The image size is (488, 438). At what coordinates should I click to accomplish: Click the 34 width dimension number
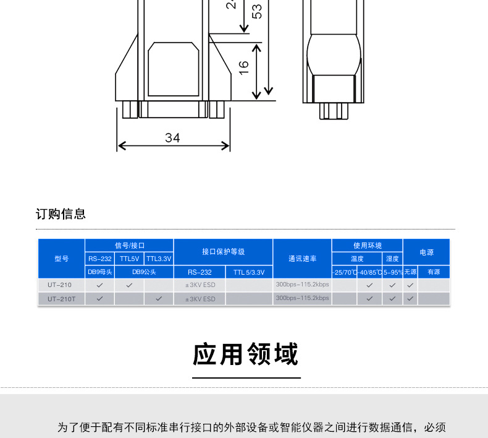172,138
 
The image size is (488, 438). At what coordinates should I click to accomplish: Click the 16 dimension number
244,67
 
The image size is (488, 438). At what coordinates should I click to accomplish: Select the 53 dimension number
258,11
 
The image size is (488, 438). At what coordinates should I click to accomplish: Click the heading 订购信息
61,214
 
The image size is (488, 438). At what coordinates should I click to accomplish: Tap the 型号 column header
61,259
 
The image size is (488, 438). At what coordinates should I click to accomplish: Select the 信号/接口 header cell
129,246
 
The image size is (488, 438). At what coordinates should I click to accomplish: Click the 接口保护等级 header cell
223,252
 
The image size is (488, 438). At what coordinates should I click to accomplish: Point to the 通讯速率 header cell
302,259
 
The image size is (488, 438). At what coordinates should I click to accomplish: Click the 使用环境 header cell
367,246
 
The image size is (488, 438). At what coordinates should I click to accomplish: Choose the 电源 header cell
426,252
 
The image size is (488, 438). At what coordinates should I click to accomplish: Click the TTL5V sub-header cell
129,259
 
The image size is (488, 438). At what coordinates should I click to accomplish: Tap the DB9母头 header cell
99,272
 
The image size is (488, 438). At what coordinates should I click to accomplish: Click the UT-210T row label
61,299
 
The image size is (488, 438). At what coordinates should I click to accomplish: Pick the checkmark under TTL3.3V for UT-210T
159,299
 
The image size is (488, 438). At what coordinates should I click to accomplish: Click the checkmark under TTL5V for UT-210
129,285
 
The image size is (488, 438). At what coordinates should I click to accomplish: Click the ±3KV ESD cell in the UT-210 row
200,285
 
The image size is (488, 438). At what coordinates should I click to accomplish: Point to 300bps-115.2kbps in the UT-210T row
302,298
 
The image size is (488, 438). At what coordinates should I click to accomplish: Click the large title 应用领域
245,354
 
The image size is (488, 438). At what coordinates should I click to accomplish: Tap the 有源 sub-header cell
434,272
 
